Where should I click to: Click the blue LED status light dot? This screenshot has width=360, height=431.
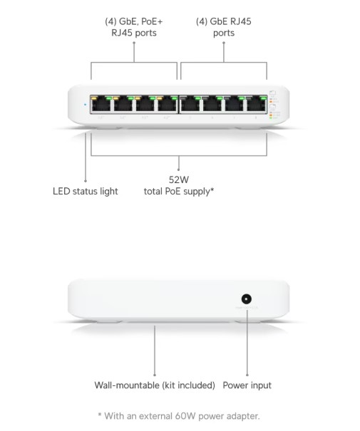pyautogui.click(x=85, y=105)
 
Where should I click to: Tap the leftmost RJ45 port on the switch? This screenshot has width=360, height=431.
pyautogui.click(x=101, y=104)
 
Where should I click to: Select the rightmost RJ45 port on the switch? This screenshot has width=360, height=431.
pyautogui.click(x=257, y=104)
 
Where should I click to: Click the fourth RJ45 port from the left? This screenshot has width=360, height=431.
pyautogui.click(x=168, y=104)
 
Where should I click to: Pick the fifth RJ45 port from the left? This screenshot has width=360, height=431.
pyautogui.click(x=190, y=104)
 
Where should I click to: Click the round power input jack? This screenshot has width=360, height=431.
pyautogui.click(x=247, y=298)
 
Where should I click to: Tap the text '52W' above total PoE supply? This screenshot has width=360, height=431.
pyautogui.click(x=179, y=180)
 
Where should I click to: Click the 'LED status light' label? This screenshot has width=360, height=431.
pyautogui.click(x=86, y=192)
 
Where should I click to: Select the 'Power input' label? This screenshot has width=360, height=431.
pyautogui.click(x=247, y=385)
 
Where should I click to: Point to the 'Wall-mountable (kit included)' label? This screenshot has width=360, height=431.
pyautogui.click(x=155, y=385)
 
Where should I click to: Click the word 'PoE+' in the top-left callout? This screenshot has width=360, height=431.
pyautogui.click(x=152, y=21)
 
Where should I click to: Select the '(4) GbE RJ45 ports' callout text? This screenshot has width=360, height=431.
pyautogui.click(x=224, y=27)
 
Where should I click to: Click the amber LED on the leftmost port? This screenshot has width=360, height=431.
pyautogui.click(x=94, y=98)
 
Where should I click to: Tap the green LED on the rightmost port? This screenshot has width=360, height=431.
pyautogui.click(x=263, y=98)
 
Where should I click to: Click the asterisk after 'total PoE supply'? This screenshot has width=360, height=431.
pyautogui.click(x=212, y=189)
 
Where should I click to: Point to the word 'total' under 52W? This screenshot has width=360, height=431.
pyautogui.click(x=153, y=192)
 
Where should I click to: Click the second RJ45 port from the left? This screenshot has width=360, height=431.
pyautogui.click(x=123, y=104)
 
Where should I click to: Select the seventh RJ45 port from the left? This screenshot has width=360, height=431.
pyautogui.click(x=235, y=104)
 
